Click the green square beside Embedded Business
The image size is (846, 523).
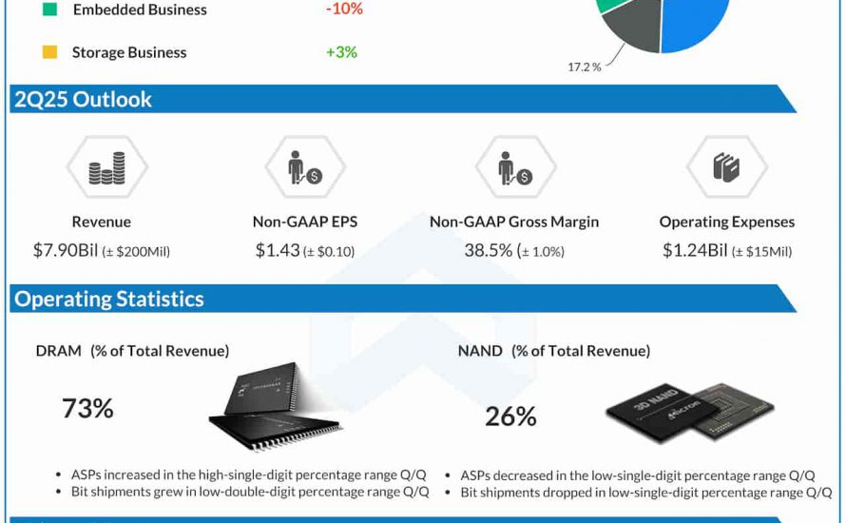[50, 10]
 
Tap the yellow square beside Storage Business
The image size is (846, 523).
[50, 52]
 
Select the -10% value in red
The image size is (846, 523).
[343, 9]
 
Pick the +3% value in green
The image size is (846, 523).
[341, 52]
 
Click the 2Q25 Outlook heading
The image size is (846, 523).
[83, 100]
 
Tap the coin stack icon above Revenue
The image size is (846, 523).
[106, 169]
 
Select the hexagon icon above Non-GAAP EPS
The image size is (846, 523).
[305, 169]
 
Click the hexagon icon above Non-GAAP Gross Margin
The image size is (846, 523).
[514, 169]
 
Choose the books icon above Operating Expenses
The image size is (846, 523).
[726, 169]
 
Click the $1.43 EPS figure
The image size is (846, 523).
[275, 251]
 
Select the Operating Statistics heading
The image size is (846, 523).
[108, 299]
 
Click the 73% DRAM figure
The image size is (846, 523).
[87, 409]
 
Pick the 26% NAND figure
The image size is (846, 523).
[510, 416]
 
